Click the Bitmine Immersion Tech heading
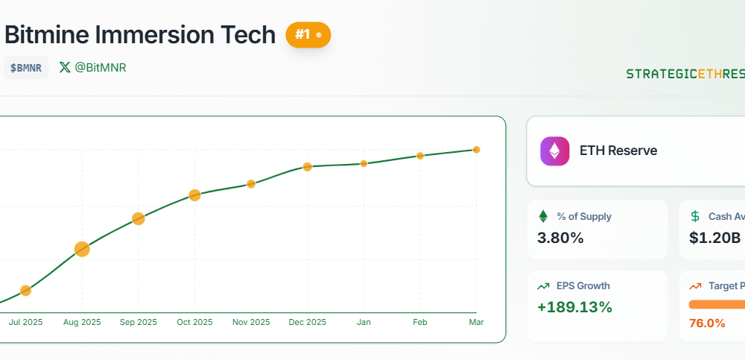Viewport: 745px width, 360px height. click(x=140, y=34)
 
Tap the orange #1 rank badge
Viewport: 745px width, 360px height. click(x=308, y=34)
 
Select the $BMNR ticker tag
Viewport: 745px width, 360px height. click(x=26, y=68)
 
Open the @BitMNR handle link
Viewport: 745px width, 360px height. click(x=101, y=68)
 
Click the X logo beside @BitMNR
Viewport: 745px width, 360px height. click(x=65, y=68)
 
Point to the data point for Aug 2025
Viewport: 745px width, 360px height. click(x=82, y=249)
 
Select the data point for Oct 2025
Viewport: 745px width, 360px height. click(x=194, y=195)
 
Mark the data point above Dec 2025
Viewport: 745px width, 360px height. click(x=307, y=166)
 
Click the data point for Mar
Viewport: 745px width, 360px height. click(x=476, y=150)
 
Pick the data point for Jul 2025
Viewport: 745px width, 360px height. click(x=25, y=290)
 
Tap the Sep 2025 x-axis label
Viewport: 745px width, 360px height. click(x=138, y=322)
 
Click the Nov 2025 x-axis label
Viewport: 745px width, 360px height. click(x=251, y=322)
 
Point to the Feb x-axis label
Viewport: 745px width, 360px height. click(x=420, y=322)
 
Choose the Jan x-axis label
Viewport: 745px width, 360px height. click(x=364, y=322)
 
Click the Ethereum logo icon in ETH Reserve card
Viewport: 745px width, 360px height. click(x=554, y=151)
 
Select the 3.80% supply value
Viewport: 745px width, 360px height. click(x=560, y=239)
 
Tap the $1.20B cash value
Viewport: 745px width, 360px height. click(x=714, y=239)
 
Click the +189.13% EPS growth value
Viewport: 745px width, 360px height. click(x=574, y=307)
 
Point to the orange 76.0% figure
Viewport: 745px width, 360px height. click(x=707, y=323)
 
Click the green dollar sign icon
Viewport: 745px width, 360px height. click(x=695, y=216)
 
